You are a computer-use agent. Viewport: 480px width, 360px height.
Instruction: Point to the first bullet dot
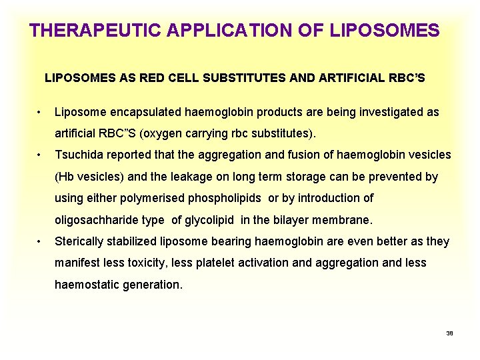click(41, 112)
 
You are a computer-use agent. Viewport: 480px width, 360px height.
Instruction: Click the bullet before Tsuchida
click(41, 155)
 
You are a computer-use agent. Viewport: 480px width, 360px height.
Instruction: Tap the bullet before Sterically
click(41, 241)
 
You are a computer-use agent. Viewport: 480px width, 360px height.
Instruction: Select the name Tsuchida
click(79, 155)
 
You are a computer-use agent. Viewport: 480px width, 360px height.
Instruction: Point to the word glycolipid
click(222, 220)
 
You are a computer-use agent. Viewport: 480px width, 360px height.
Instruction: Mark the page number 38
click(449, 333)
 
